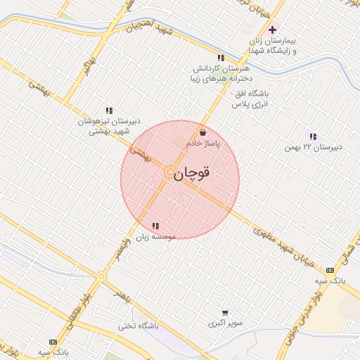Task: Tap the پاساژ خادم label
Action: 203,143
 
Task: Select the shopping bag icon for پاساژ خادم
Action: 203,131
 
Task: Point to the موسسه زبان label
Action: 154,238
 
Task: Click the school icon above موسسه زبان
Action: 155,226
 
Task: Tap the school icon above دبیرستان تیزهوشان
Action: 108,110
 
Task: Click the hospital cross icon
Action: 272,30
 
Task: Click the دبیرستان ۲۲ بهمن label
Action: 313,148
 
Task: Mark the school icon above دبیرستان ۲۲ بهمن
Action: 313,136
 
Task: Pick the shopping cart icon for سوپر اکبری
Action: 225,313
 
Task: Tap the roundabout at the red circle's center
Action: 170,172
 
